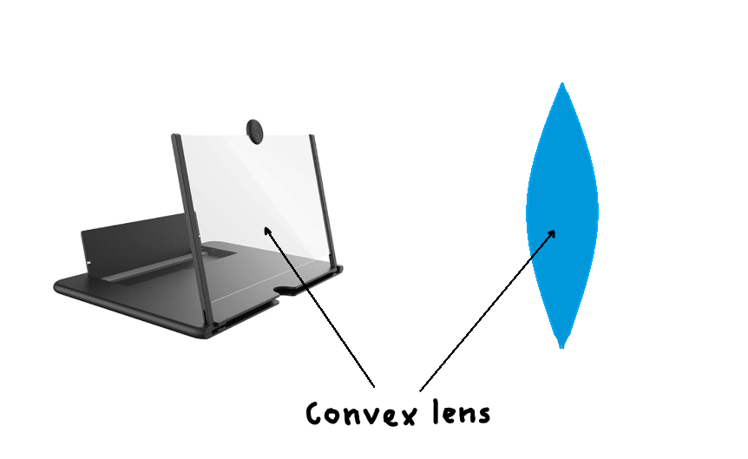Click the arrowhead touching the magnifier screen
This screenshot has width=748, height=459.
tap(268, 230)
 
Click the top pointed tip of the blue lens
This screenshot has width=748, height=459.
tap(562, 84)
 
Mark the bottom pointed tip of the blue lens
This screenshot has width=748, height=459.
tap(561, 345)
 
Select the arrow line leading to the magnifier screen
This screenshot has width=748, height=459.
tap(321, 308)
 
